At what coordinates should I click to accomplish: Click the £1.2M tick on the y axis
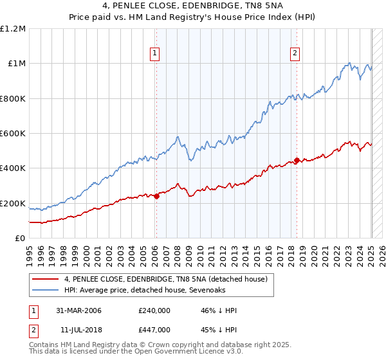(12, 29)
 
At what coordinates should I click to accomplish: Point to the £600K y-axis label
(12, 134)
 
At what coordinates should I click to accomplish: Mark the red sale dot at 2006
(156, 196)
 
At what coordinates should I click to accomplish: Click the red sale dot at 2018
(297, 160)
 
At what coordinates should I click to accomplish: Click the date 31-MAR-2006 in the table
(78, 310)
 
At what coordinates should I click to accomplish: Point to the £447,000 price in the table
(154, 329)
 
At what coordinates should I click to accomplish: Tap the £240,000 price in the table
(154, 310)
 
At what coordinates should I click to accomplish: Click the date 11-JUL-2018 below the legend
(78, 329)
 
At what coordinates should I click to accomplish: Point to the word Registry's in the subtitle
(221, 18)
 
